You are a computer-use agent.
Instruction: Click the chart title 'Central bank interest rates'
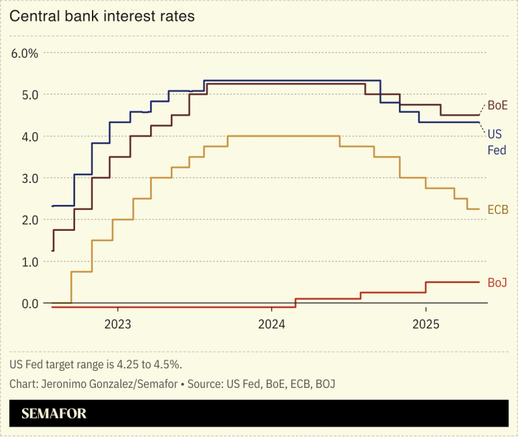click(102, 17)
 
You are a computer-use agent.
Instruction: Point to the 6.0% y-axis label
click(25, 53)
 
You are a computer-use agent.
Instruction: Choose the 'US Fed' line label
click(495, 142)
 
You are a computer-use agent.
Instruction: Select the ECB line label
click(497, 209)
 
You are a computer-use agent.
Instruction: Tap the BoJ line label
click(497, 282)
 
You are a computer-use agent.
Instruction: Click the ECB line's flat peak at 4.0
click(284, 136)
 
